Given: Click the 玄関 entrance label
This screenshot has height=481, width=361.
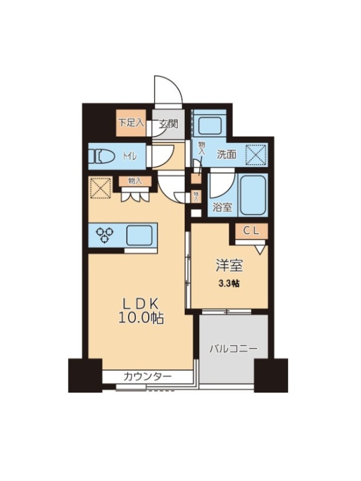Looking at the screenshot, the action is click(168, 124).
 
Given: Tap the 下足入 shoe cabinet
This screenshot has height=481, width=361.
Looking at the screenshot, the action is click(131, 123).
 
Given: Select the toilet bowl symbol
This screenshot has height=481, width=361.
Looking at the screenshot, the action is click(100, 156).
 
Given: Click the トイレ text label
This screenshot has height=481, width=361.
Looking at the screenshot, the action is click(130, 156).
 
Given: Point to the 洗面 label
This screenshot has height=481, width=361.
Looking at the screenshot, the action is click(227, 155).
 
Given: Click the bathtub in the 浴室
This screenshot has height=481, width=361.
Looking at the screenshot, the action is click(253, 195).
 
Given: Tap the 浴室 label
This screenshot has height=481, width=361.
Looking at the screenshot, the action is click(222, 207).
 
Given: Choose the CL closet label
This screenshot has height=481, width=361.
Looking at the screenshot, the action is click(251, 231).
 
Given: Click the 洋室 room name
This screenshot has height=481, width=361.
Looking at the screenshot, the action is click(230, 265).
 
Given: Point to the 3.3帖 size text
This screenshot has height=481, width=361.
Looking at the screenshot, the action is click(229, 284).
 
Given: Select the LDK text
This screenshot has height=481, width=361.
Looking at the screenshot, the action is click(141, 304).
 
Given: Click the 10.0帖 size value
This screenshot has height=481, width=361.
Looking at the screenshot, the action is click(141, 319).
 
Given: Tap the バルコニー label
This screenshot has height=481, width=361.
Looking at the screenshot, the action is click(234, 349).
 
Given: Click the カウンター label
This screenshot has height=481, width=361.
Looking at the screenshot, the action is click(147, 376).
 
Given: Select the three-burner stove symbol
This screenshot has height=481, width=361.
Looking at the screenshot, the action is click(105, 234).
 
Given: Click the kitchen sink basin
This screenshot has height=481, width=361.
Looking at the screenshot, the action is click(140, 235).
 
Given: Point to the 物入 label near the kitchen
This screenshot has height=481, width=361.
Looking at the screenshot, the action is click(135, 182).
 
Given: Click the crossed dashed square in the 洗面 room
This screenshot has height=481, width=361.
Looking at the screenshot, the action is click(257, 155).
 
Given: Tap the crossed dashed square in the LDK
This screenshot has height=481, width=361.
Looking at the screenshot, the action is click(100, 188).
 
